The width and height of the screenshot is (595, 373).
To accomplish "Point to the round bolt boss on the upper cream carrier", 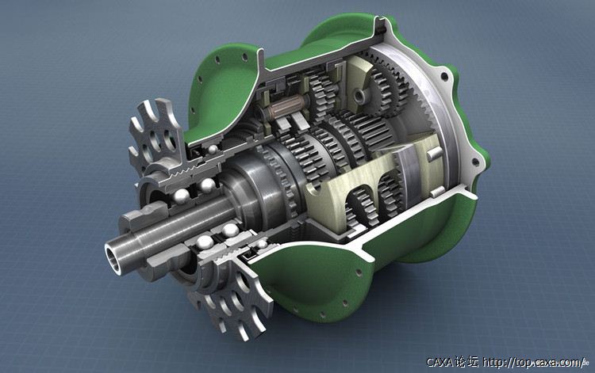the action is (x=359, y=95).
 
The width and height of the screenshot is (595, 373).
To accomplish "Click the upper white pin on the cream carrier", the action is (x=435, y=154).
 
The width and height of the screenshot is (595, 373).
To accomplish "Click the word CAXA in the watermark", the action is (x=440, y=363).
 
